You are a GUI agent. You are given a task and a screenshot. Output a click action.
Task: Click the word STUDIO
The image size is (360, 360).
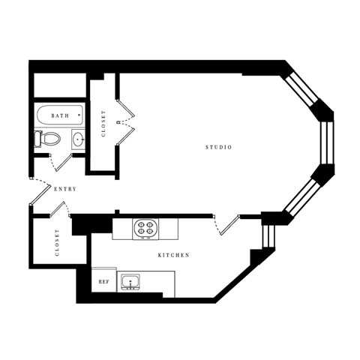(218, 147)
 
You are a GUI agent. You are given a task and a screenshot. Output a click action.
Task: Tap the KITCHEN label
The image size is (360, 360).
(173, 256)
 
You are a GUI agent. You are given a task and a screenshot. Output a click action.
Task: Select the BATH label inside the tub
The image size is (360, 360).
(60, 116)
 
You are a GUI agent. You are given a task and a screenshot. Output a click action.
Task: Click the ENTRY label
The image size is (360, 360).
(65, 189)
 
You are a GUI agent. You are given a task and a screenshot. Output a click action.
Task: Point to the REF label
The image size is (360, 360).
(103, 282)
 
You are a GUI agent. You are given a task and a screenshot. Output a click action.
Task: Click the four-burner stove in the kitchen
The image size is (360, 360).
(144, 227)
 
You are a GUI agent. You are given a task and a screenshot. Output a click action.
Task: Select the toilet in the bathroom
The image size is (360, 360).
(47, 138)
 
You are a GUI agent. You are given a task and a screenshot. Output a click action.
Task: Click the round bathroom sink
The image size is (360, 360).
(77, 138)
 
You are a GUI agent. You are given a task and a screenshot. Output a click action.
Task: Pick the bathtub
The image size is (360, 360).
(60, 116)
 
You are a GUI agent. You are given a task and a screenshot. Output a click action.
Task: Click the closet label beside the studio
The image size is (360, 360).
(103, 124)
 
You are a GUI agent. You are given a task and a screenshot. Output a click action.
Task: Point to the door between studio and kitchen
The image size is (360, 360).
(227, 223)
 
